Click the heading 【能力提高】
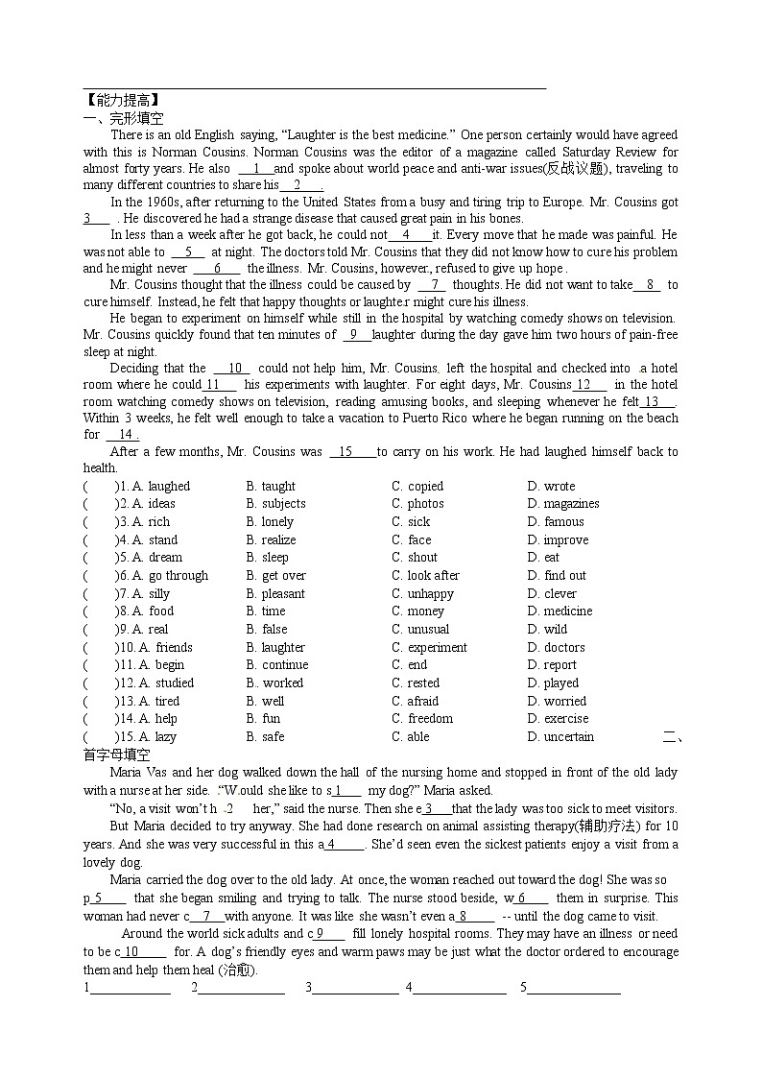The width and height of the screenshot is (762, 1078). pyautogui.click(x=121, y=99)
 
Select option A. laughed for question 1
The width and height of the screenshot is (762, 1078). pyautogui.click(x=160, y=486)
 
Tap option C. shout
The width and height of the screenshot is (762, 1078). pyautogui.click(x=415, y=558)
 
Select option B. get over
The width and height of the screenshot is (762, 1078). pyautogui.click(x=276, y=576)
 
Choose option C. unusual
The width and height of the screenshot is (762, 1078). pyautogui.click(x=420, y=630)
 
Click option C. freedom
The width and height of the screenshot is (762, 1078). pyautogui.click(x=422, y=719)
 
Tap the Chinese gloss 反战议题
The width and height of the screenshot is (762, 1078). pyautogui.click(x=575, y=169)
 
